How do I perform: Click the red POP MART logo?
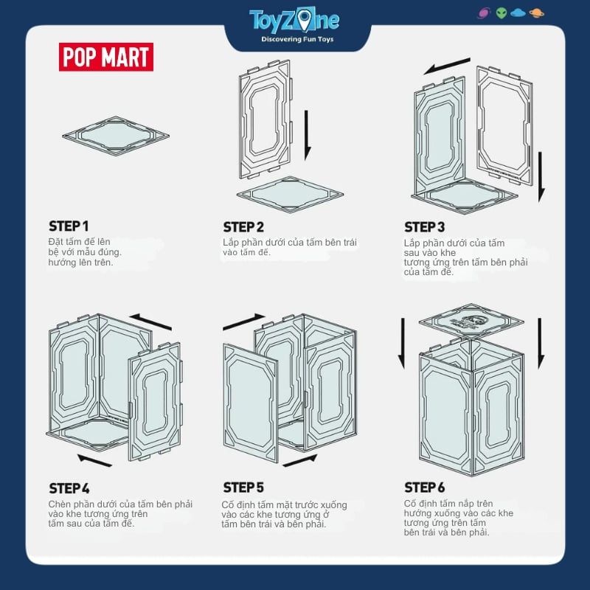106,57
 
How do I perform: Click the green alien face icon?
502,13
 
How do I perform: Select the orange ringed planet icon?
536,13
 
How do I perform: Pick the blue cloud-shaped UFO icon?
518,13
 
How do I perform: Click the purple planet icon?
484,13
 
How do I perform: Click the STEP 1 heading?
69,226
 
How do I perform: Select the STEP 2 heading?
243,227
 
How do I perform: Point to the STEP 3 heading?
425,227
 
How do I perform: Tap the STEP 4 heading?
69,488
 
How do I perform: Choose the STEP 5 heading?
243,487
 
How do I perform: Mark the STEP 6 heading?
425,487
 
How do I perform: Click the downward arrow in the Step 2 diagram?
308,136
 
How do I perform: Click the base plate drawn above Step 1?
116,136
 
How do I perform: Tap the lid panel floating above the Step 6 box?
471,322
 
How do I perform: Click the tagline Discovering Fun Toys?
297,39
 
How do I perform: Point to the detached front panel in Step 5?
251,403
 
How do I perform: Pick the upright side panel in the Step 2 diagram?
265,119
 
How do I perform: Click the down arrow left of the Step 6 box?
402,343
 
